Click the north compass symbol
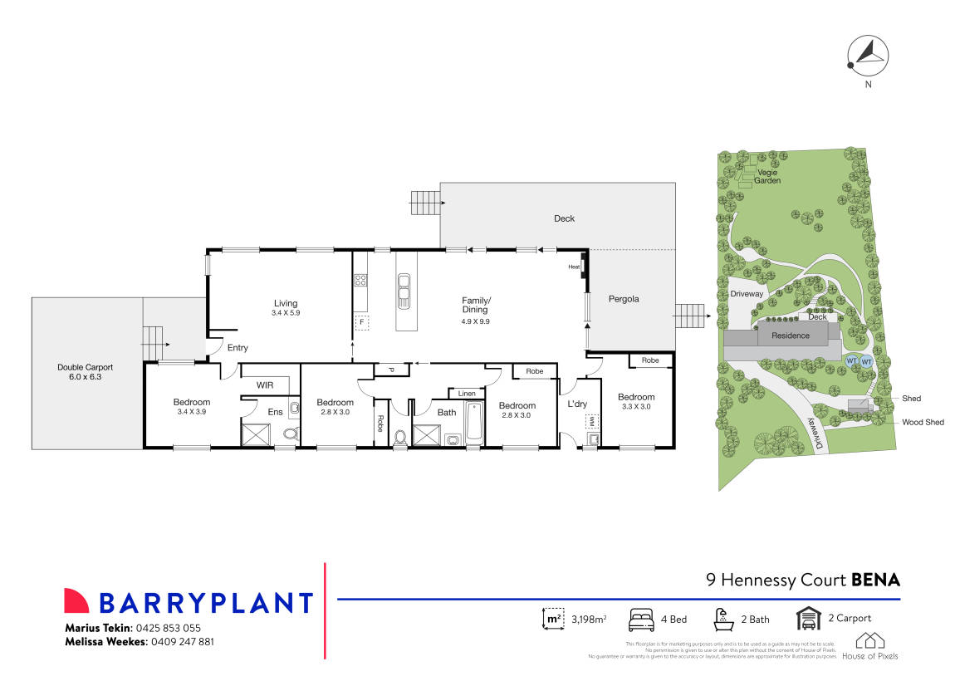tap(867, 56)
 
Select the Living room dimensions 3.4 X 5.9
tap(285, 314)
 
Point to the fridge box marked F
tap(361, 322)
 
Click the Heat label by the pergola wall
tap(573, 267)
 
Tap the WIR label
tap(265, 385)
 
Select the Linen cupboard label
tap(467, 393)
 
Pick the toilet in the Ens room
tap(290, 433)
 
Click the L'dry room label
tap(577, 404)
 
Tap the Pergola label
tap(624, 299)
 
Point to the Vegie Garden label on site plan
tap(766, 176)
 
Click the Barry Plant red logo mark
tap(76, 600)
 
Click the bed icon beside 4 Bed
tap(641, 619)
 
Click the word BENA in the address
tap(876, 580)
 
